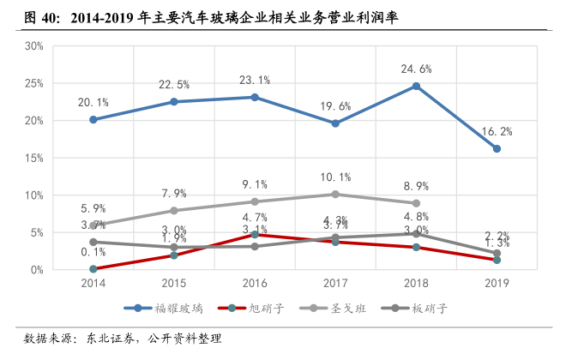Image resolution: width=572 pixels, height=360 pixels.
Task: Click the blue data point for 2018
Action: pos(416,86)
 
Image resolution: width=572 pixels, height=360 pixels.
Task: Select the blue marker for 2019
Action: pos(497,148)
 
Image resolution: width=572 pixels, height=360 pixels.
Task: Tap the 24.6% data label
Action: pos(416,69)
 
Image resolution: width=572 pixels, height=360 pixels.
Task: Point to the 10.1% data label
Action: pos(335,177)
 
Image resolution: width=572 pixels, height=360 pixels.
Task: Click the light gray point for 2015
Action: pos(173,210)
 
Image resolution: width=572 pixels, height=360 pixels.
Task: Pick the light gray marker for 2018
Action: pos(416,203)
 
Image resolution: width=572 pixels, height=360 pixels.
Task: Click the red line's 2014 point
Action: pos(93,269)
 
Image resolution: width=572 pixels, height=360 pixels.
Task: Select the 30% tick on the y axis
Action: pos(33,46)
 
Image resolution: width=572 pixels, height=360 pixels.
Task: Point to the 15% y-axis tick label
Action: pos(33,158)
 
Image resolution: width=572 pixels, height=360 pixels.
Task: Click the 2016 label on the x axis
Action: pos(254,282)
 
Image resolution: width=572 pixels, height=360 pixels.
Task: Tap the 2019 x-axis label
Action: pos(497,282)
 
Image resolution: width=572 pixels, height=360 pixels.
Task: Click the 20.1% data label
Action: pos(93,102)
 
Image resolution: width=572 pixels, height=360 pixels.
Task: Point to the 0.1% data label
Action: pos(93,252)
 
